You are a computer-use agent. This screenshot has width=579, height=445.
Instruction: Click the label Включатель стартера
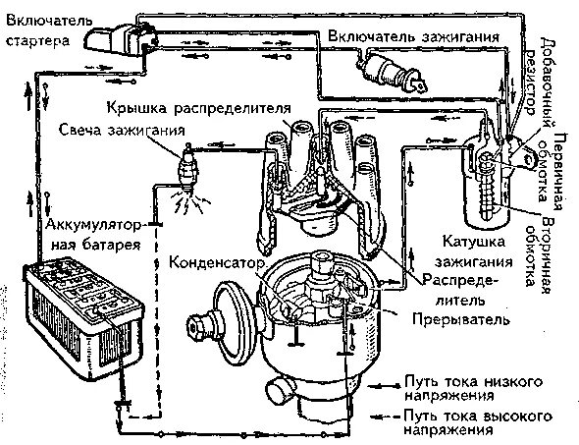coord(37,28)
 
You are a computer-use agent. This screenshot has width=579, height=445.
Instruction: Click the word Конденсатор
coord(218,263)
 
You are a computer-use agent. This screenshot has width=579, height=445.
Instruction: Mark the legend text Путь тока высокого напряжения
coord(463,422)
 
